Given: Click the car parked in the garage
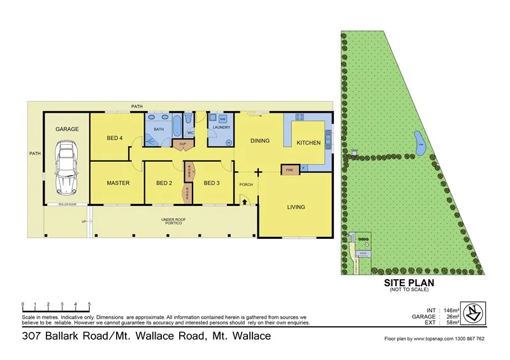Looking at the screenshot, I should [67, 168].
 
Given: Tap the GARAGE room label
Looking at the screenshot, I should [67, 129].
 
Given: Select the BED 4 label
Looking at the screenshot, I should [115, 138].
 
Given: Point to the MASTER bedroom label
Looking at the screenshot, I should [118, 184].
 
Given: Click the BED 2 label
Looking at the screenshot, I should [164, 184].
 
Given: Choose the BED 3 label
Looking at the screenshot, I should [212, 184].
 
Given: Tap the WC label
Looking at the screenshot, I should [190, 133].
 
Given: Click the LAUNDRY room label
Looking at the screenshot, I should [222, 127].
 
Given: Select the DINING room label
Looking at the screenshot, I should [260, 141].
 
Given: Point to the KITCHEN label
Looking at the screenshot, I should [309, 143].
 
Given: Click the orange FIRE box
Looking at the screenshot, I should [290, 170].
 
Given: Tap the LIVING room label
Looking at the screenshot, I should [296, 207].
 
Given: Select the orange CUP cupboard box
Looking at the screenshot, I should [183, 144].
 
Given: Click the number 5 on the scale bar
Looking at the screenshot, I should [89, 304].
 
